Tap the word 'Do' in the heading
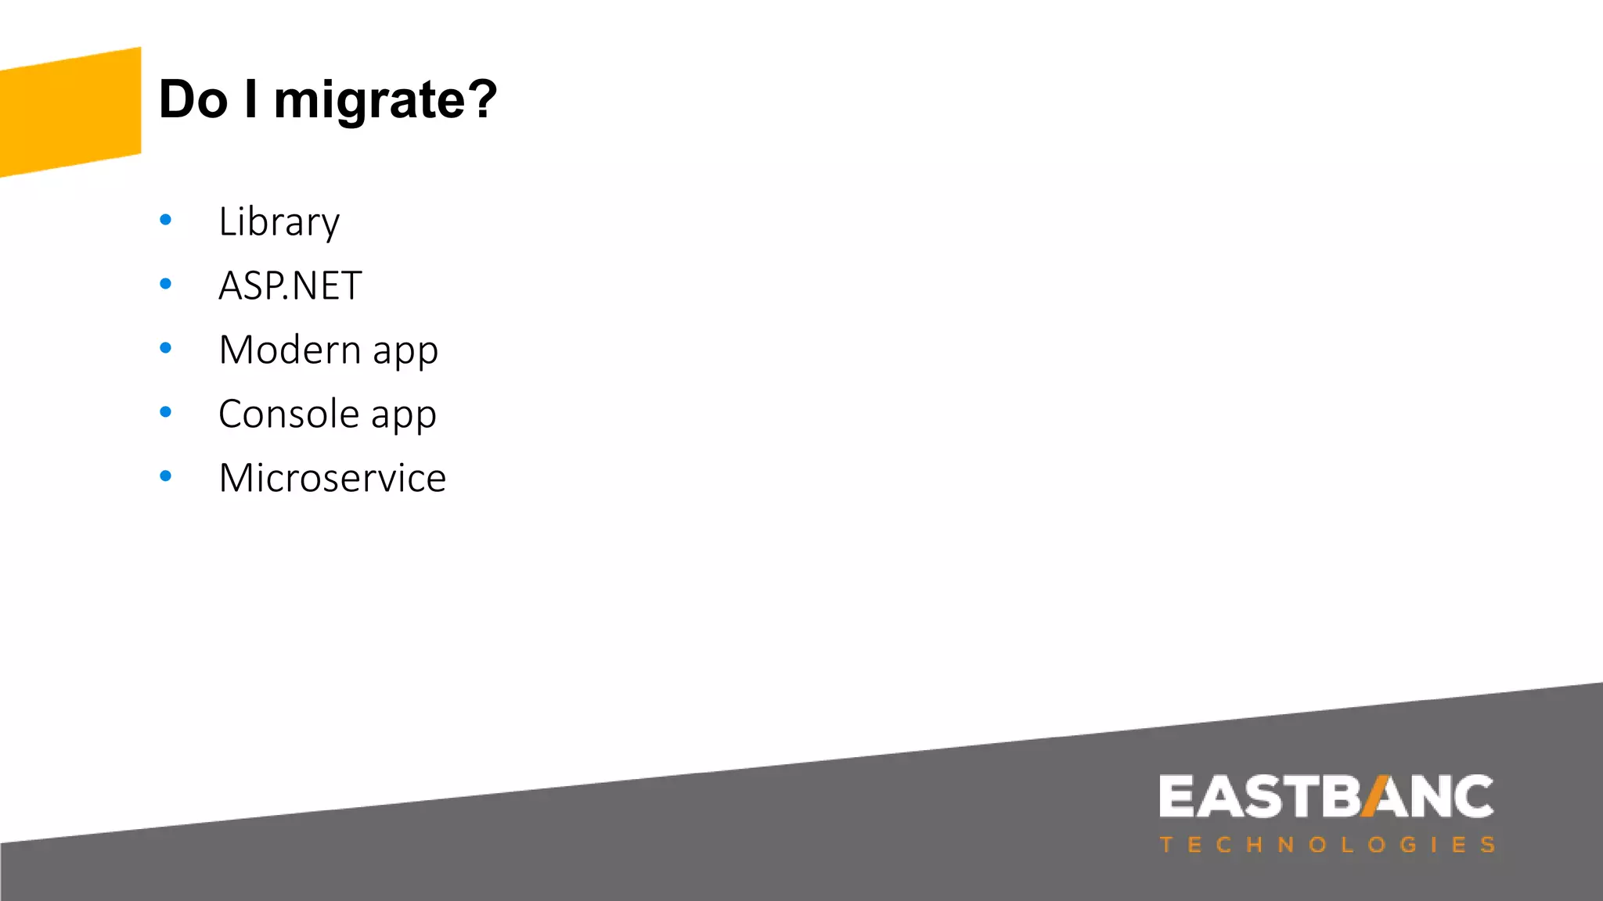point(193,99)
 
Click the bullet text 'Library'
point(279,222)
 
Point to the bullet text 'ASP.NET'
point(290,285)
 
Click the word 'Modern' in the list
point(290,349)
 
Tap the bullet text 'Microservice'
point(333,478)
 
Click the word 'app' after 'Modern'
point(405,352)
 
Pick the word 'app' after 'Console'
point(403,416)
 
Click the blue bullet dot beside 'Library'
point(165,220)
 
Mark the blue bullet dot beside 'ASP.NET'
point(165,284)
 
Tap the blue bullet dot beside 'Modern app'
point(165,348)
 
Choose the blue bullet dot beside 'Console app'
point(165,412)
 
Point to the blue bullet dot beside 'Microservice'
point(165,476)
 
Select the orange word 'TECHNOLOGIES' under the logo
point(1327,845)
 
